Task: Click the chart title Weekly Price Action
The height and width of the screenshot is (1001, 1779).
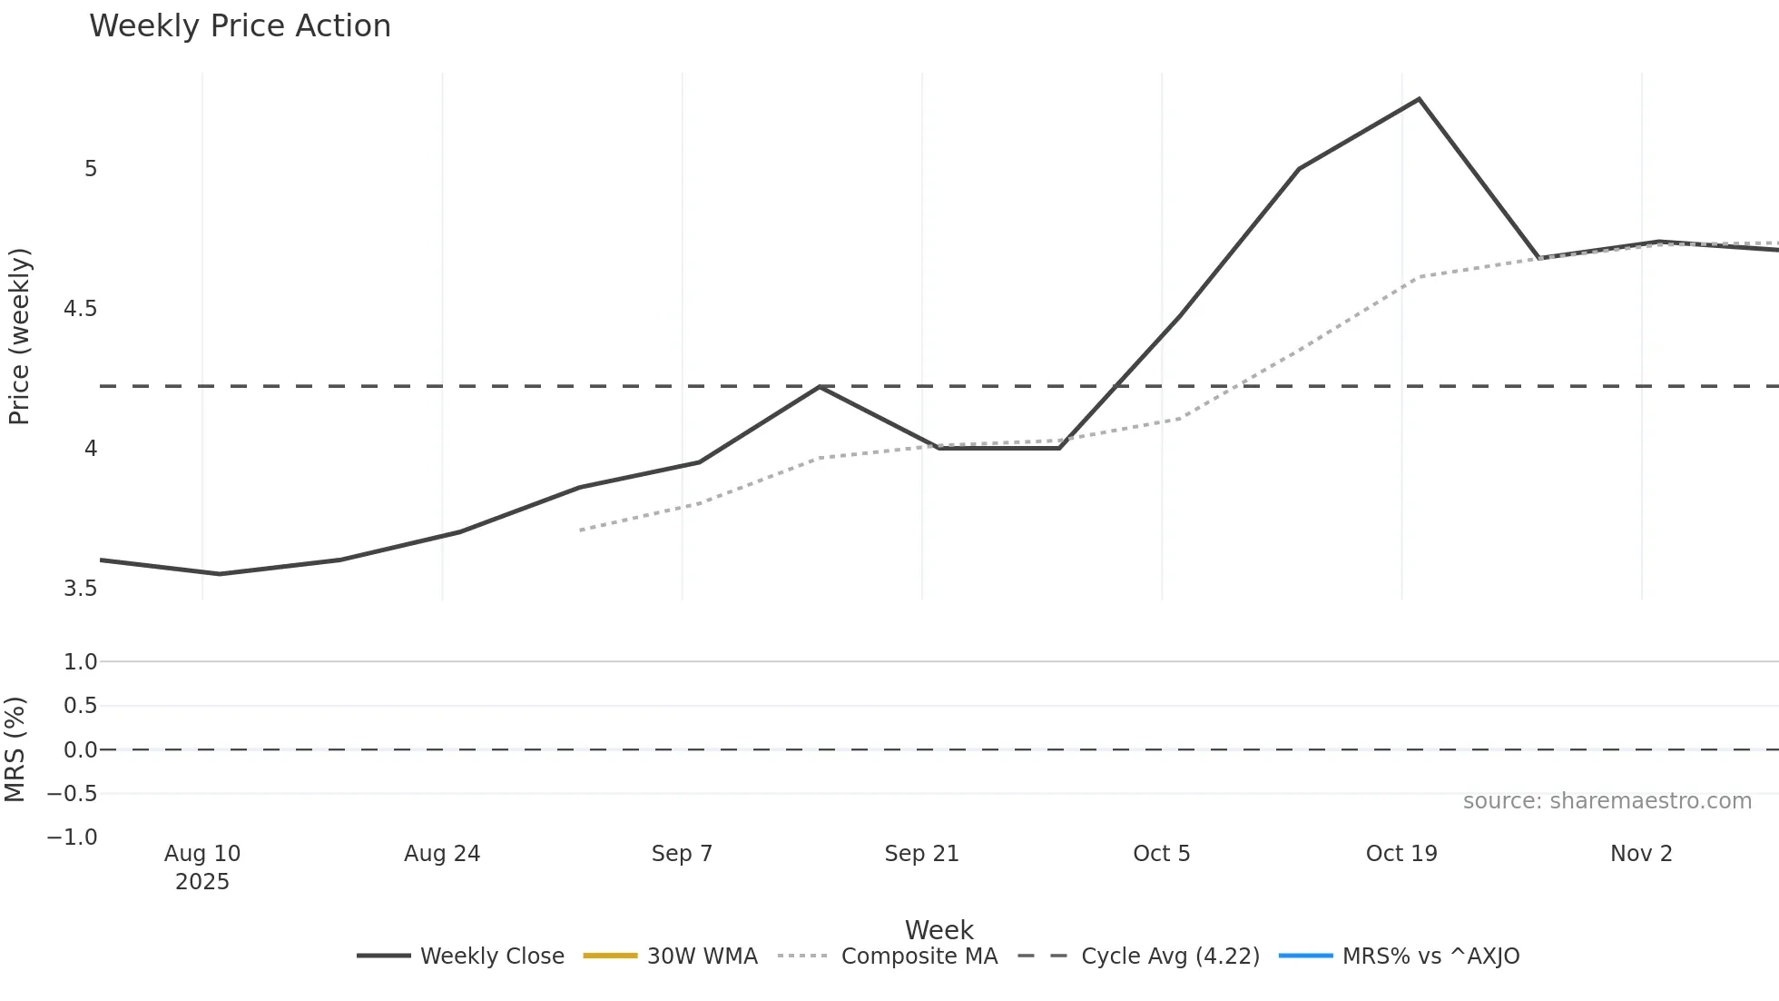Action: [240, 26]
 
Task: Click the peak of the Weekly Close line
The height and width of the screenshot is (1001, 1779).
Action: [1419, 99]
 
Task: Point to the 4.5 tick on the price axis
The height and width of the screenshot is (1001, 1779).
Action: [80, 309]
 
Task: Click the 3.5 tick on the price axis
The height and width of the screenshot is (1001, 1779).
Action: [80, 589]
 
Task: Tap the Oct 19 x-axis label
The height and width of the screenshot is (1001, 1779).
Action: [1401, 854]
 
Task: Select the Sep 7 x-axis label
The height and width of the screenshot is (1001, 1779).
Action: [682, 854]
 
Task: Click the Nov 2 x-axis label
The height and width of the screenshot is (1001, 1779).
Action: [1641, 854]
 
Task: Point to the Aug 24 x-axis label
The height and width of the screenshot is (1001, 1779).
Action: [442, 854]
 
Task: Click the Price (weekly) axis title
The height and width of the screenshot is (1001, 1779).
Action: [20, 336]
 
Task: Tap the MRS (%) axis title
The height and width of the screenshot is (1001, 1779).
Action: [15, 749]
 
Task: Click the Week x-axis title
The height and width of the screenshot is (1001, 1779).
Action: [939, 930]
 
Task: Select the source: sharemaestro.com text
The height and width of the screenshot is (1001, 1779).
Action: [1607, 801]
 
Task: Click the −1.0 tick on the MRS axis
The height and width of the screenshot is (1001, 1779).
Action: [73, 837]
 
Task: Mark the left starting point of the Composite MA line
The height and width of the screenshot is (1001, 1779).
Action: [580, 530]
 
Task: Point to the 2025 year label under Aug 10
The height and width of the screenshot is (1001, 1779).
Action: [202, 882]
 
